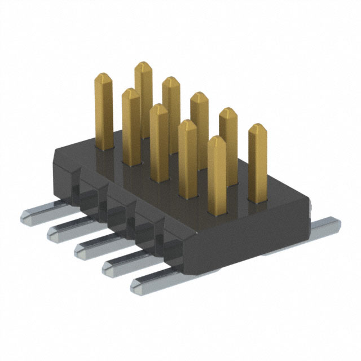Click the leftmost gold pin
coord(104,113)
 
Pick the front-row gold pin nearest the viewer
coord(217,175)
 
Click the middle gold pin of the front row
coord(159,141)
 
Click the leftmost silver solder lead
coord(37,214)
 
